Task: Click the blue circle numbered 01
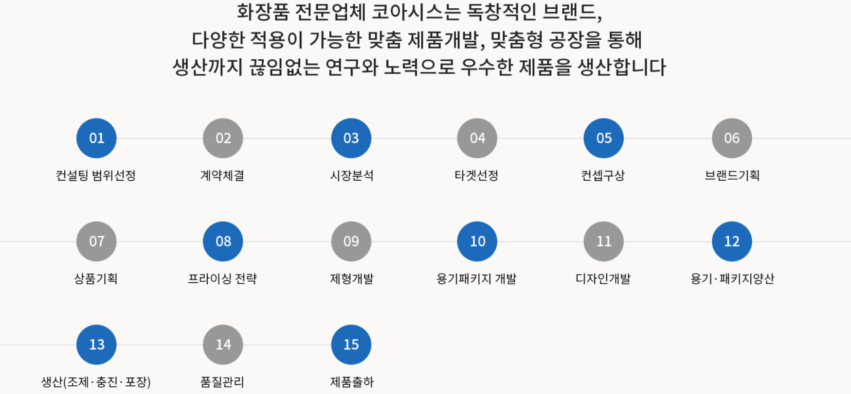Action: [x=96, y=138]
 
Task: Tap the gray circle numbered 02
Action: [x=223, y=138]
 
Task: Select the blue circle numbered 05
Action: [x=603, y=138]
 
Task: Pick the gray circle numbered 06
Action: [x=731, y=138]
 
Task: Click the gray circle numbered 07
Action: [x=96, y=241]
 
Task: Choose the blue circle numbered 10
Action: [x=477, y=241]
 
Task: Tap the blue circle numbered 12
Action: [x=731, y=241]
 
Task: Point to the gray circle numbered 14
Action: [x=223, y=344]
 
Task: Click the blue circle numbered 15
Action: [x=351, y=344]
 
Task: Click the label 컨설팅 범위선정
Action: [x=96, y=175]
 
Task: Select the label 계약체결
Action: [x=222, y=175]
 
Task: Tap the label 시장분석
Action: [x=352, y=175]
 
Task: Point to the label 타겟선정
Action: [x=476, y=175]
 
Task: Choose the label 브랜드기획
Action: [x=732, y=175]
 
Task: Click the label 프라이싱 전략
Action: [x=222, y=279]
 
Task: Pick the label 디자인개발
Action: [x=603, y=279]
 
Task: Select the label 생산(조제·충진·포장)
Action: [x=96, y=382]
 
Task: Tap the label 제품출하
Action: [x=352, y=382]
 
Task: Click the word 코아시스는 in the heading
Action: [x=416, y=12]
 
